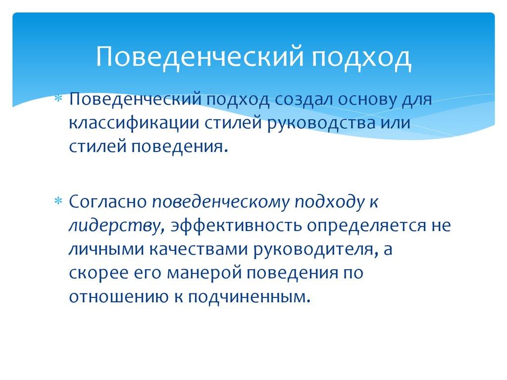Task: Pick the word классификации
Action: tap(134, 123)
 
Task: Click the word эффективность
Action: tap(236, 226)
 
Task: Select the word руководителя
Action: tap(313, 249)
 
